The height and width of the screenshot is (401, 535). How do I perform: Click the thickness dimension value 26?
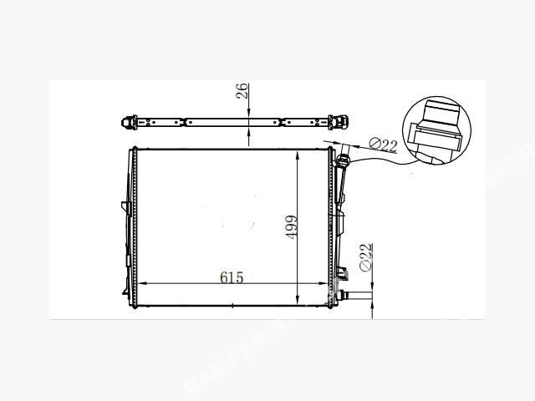[242, 90]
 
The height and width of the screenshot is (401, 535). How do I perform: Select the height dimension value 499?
[291, 226]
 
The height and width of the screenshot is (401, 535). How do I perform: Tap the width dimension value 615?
[232, 277]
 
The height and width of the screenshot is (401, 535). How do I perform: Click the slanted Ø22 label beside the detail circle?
[383, 145]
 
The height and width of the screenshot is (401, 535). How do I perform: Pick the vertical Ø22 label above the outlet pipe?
[366, 257]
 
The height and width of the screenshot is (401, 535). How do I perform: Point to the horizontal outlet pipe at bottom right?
[357, 296]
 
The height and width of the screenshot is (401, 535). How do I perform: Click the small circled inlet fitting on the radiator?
[343, 160]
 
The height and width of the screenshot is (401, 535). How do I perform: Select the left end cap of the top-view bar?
[129, 123]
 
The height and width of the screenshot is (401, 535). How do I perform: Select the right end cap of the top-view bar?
[339, 122]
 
